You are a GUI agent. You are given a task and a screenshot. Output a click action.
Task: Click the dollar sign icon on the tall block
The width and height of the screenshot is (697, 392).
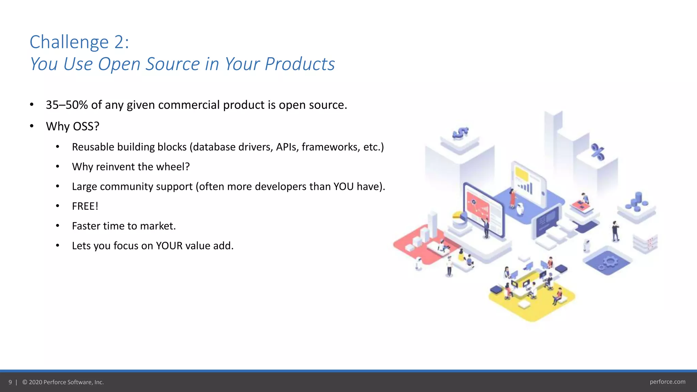[460, 133]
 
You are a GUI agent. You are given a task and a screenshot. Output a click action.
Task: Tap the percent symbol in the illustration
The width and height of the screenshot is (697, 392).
[598, 152]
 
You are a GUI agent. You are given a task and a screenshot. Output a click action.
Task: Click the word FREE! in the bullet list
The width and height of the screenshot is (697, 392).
[85, 206]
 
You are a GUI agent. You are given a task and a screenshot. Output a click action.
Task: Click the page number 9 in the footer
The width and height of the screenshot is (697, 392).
[10, 382]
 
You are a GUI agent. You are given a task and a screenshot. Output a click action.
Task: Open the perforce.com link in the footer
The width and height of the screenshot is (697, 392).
[667, 382]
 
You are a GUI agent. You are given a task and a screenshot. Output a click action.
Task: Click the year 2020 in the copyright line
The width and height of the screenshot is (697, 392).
[35, 382]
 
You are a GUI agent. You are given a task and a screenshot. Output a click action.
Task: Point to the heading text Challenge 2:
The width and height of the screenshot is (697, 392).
[79, 42]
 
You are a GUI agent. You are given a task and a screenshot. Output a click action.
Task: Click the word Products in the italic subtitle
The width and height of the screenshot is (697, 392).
[299, 64]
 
